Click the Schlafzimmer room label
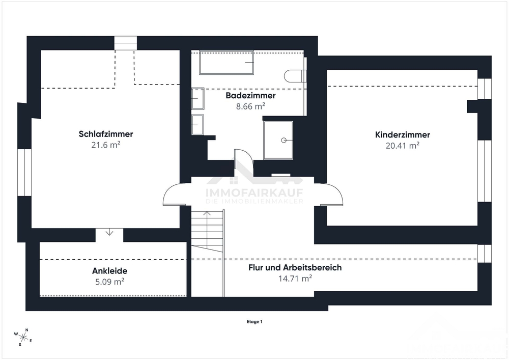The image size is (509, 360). pos(106,134)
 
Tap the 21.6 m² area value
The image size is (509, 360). pos(106,145)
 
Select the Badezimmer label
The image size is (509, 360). pos(250,95)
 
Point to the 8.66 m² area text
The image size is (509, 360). pos(250,106)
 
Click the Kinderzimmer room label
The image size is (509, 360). pos(403,135)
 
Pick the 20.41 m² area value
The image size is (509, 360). pos(403,146)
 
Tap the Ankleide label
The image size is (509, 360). pos(110,271)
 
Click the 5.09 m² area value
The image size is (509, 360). pos(110,282)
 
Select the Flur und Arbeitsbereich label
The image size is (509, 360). pos(295,267)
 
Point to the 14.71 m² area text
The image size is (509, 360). pos(295,278)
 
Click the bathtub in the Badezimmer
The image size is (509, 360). pos(227,62)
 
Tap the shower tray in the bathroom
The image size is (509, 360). pos(278,140)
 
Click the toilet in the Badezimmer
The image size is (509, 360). pos(295,76)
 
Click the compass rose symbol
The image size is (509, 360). pos(23,338)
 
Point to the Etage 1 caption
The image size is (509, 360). pos(254,322)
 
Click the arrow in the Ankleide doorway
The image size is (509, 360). pos(109,232)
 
